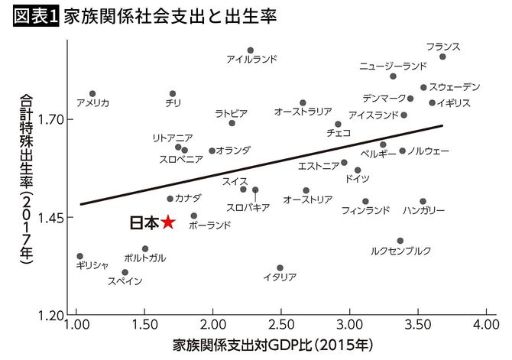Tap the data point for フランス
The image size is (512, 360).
coord(442,57)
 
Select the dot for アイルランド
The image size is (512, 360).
coord(250,50)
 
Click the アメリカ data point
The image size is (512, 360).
coord(92,93)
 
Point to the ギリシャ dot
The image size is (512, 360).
coord(79,256)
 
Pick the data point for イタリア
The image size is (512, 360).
coord(280,268)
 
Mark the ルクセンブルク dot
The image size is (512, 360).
coord(400,240)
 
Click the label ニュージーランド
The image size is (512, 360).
coord(393,66)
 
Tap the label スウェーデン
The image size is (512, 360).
coord(455,86)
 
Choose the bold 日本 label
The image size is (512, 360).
coord(143,222)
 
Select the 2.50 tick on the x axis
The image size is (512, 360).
coord(280,325)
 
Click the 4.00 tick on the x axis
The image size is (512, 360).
coord(485,325)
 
